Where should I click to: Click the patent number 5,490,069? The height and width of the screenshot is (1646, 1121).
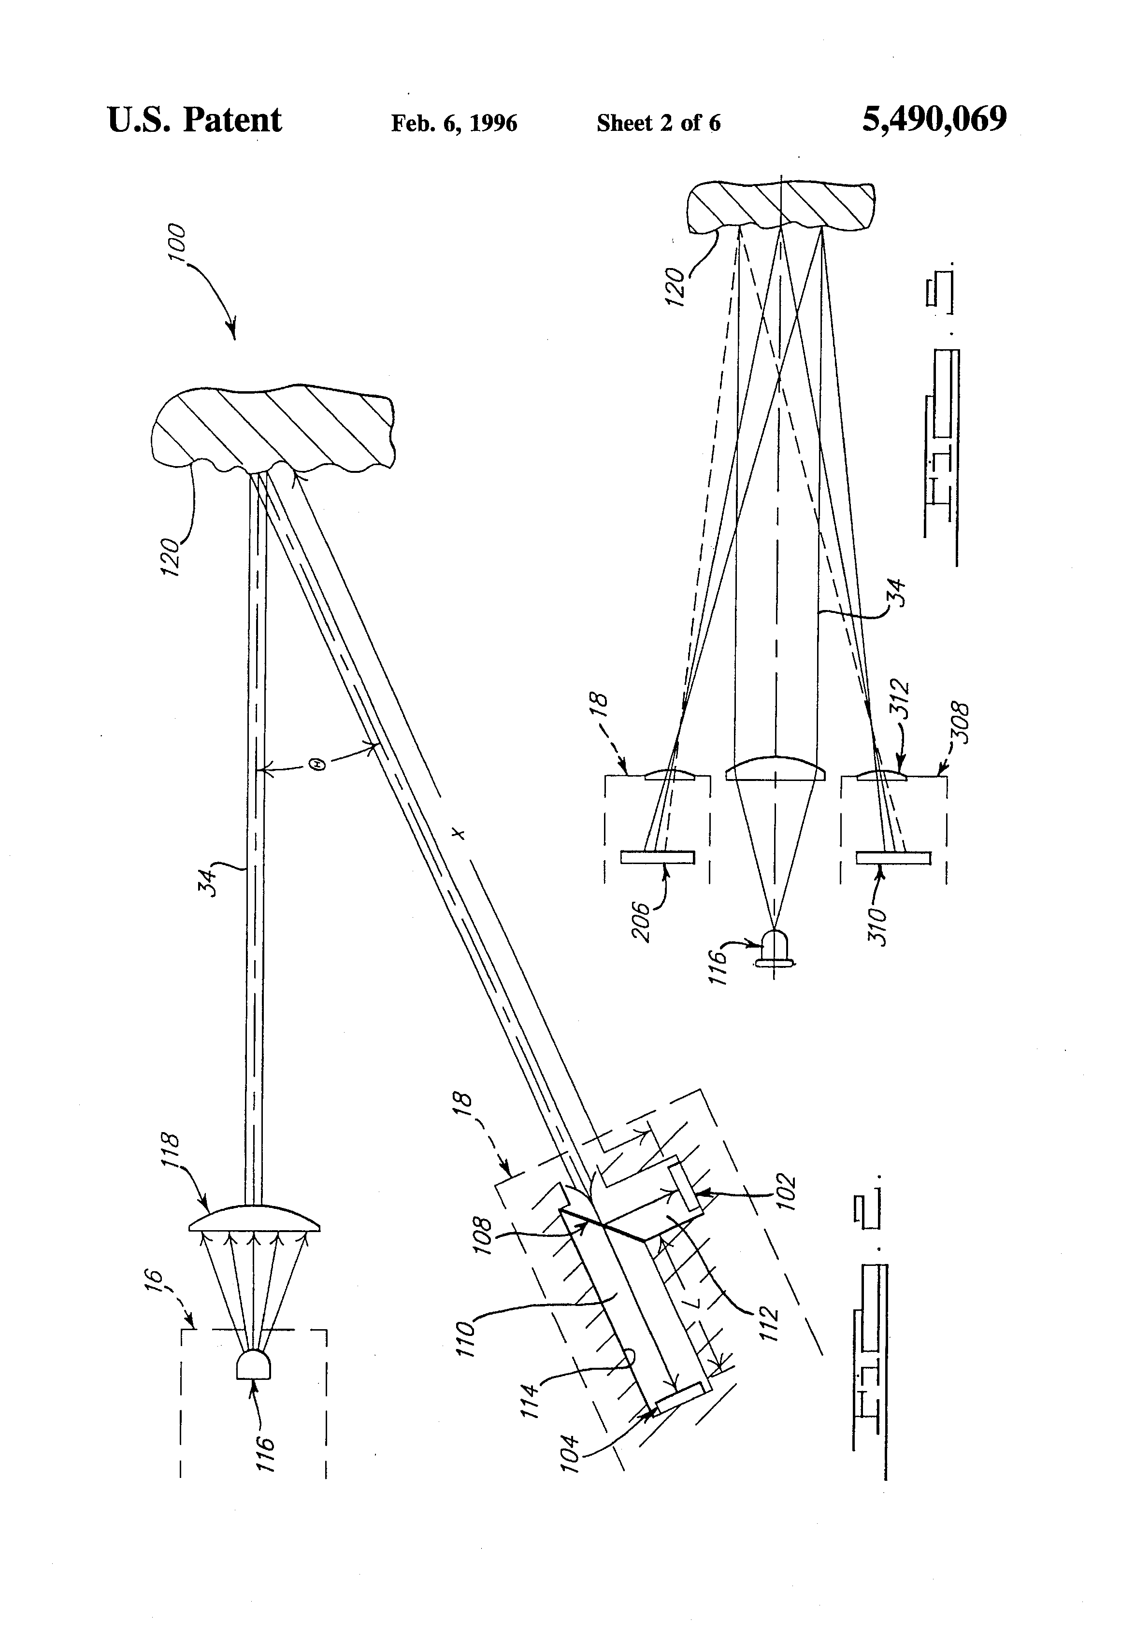[x=934, y=120]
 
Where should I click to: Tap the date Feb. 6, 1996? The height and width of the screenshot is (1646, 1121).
[x=454, y=123]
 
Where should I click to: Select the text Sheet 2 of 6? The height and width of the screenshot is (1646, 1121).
[x=658, y=123]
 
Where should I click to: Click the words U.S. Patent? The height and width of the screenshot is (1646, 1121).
[x=195, y=120]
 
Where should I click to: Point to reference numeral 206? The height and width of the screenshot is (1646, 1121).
[x=642, y=921]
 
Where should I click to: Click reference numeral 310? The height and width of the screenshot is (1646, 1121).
[x=877, y=926]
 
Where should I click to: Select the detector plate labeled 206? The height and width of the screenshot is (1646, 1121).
[x=658, y=857]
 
